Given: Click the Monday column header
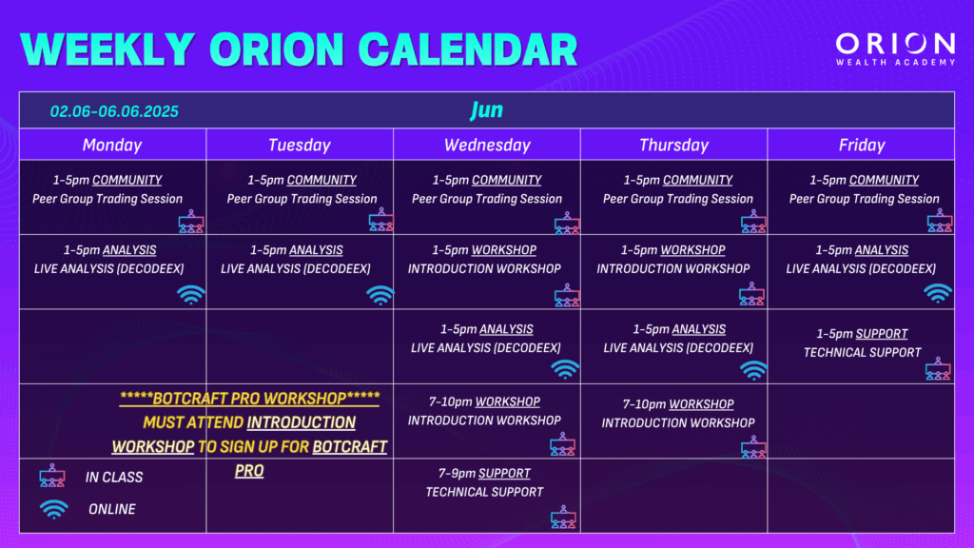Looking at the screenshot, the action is coord(112,146).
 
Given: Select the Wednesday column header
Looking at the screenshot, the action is coord(487,146).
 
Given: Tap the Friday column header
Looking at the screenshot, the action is coord(862,146).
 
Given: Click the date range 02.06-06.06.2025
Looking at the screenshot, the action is coord(114,112).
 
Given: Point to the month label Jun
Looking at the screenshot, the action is coord(486,110).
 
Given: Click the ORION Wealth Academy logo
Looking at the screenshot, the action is coord(895,49).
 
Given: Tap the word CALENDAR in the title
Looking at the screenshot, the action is coord(468,49).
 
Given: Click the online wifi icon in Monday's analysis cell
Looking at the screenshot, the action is coord(190,295).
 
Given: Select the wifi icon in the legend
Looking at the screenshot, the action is coord(54,509).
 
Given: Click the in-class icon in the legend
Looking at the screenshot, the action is coord(52,476).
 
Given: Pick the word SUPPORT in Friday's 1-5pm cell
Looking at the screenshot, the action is coord(882,334).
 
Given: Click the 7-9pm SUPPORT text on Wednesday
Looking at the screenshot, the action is coord(484,474).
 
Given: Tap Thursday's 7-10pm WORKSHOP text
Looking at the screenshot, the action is coord(677,404).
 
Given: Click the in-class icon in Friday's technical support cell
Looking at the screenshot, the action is coord(938,368).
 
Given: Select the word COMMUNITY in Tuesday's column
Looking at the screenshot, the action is coord(321,180).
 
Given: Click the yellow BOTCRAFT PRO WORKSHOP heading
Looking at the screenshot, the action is coord(250,399).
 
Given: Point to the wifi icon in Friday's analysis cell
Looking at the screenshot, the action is coord(937,293).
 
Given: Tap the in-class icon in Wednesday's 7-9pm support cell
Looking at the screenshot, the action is coord(563,517).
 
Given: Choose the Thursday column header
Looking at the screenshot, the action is coord(674,146).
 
